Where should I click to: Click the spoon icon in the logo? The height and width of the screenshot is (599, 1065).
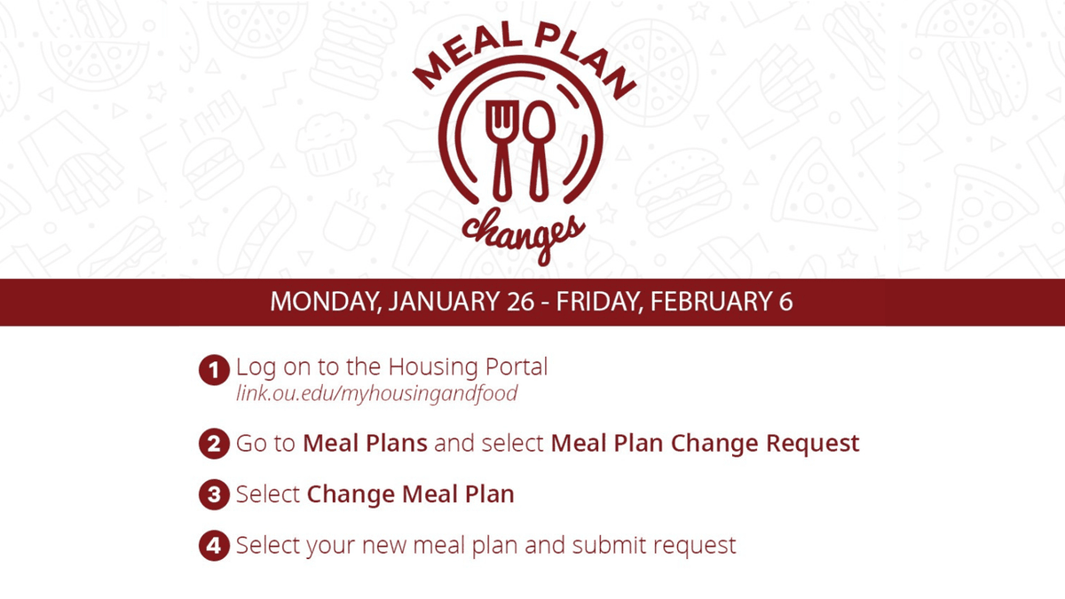(537, 147)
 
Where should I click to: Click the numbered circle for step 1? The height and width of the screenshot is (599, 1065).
(212, 368)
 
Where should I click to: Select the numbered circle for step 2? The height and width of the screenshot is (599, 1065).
(212, 444)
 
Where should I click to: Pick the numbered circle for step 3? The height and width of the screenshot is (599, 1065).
(212, 495)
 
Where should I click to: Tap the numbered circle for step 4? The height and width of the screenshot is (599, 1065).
(212, 546)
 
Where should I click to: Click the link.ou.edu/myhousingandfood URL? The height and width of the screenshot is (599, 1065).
(376, 393)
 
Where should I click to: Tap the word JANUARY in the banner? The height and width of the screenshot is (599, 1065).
(437, 302)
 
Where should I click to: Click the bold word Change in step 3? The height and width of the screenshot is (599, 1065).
(351, 494)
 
